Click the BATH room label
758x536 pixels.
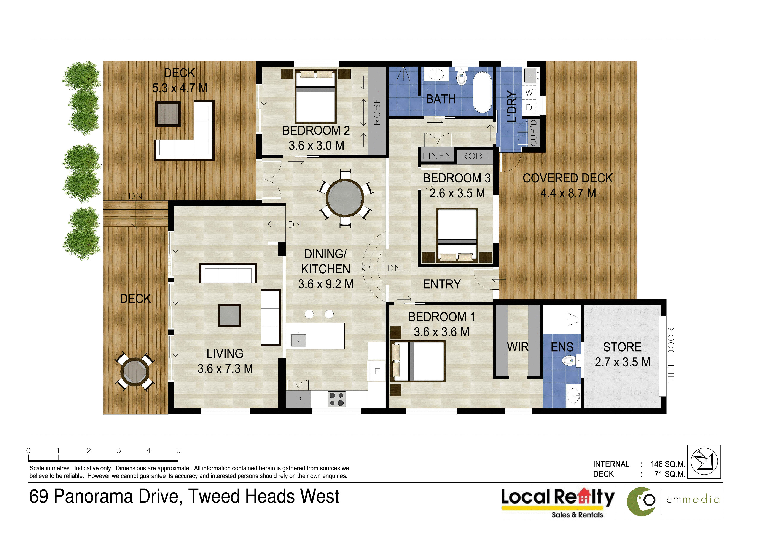[441, 99]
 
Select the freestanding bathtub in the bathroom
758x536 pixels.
[483, 92]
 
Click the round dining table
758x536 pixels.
[345, 198]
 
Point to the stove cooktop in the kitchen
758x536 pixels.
[336, 399]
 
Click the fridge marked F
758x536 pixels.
[377, 371]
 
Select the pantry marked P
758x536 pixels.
[298, 400]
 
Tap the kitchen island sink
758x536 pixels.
[298, 340]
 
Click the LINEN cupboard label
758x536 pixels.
[437, 156]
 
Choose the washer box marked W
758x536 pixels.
[529, 93]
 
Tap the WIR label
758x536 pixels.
[518, 347]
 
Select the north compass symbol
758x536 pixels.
[704, 461]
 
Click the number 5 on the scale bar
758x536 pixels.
[178, 450]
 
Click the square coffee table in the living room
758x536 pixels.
[229, 315]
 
